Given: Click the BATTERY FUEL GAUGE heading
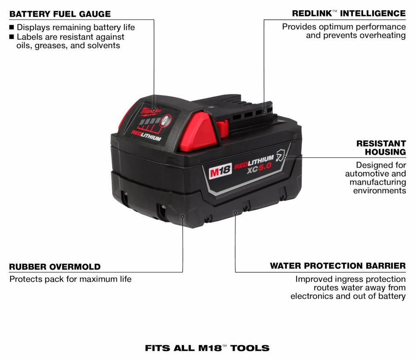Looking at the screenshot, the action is tap(60, 14).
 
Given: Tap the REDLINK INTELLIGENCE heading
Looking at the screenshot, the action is tap(349, 14).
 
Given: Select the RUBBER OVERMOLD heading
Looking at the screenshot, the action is tap(55, 267).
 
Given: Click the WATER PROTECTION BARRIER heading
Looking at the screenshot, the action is tap(338, 266).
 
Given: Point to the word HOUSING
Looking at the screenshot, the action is tap(385, 152).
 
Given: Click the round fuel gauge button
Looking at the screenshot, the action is tap(166, 121).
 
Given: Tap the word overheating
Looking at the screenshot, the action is tap(383, 35).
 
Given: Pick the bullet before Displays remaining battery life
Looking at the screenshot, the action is tap(11, 27).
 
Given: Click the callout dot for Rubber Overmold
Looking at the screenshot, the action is tap(183, 217).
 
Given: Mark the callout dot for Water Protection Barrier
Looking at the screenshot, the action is tap(235, 212).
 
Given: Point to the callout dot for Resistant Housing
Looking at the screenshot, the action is tap(285, 157).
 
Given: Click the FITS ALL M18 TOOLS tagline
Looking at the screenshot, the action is tap(207, 348).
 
